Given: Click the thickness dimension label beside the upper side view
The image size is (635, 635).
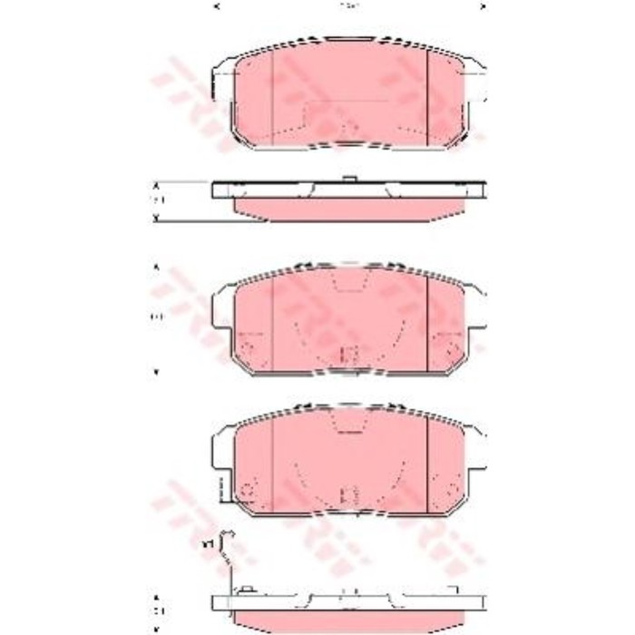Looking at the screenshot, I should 156,199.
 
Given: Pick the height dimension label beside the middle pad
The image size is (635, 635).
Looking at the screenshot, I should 155,317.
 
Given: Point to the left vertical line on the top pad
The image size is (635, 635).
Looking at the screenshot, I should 272,95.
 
